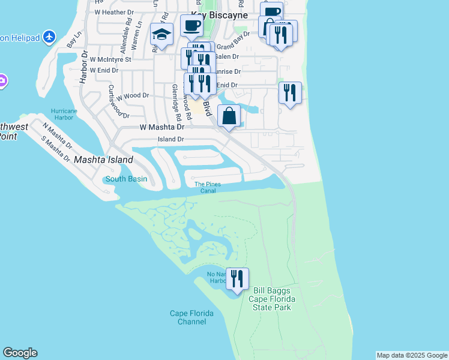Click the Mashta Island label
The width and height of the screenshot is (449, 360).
103,160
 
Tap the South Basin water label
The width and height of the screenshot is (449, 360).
126,179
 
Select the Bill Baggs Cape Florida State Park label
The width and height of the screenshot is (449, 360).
272,299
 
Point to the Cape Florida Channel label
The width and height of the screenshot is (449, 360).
188,317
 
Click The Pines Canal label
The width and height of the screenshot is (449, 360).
208,188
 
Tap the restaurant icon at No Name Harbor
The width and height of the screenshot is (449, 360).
237,279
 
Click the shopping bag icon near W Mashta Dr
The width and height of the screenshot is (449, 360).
229,116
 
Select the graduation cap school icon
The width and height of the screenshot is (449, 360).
161,34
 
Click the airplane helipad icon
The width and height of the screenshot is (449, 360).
49,38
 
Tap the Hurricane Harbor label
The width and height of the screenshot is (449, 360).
64,114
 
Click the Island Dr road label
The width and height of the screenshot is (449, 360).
170,139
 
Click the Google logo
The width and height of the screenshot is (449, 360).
20,353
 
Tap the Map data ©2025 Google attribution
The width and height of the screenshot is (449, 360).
412,355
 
